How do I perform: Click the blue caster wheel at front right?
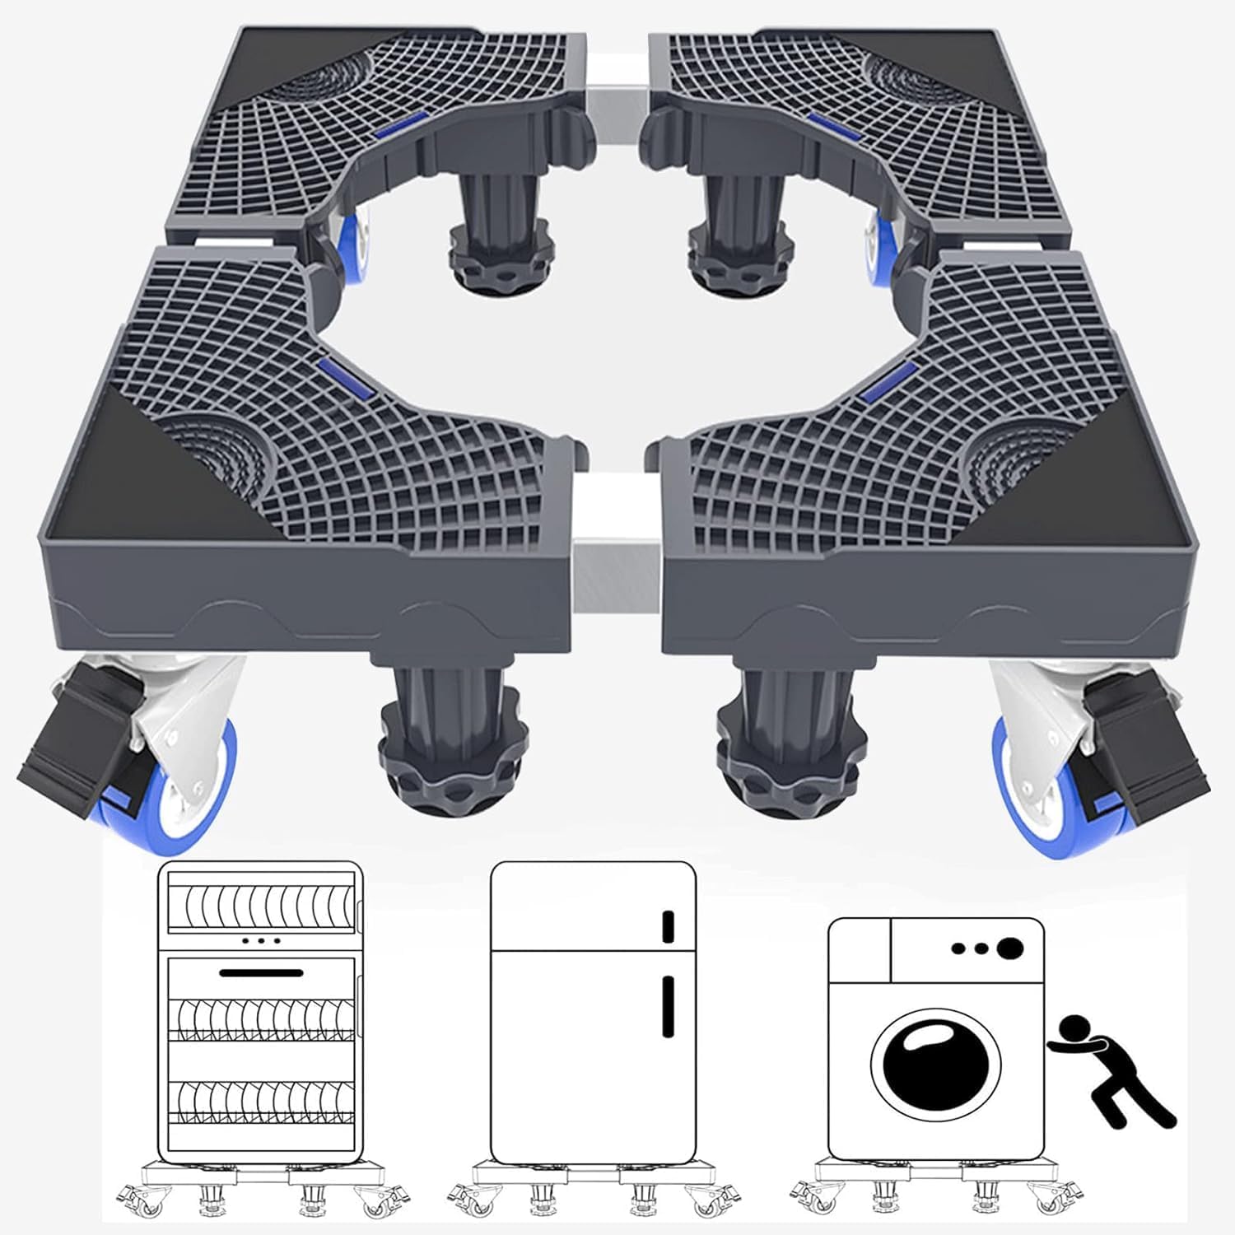(1029, 790)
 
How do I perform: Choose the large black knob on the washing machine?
(1009, 948)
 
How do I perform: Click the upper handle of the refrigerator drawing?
(669, 925)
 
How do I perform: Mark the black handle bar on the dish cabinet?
(261, 973)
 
